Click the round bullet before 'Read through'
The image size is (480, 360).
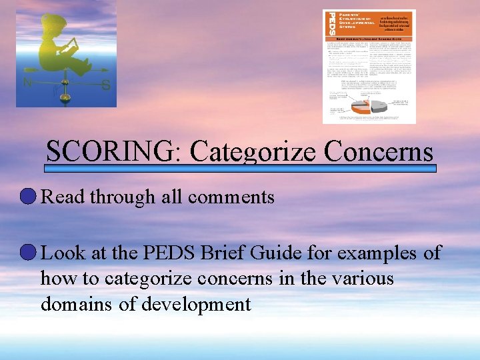coord(29,197)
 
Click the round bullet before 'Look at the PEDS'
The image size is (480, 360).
coord(29,253)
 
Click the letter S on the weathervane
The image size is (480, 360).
coord(105,85)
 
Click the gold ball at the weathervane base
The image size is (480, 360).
coord(65,98)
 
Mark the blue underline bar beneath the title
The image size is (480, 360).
coord(240,169)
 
